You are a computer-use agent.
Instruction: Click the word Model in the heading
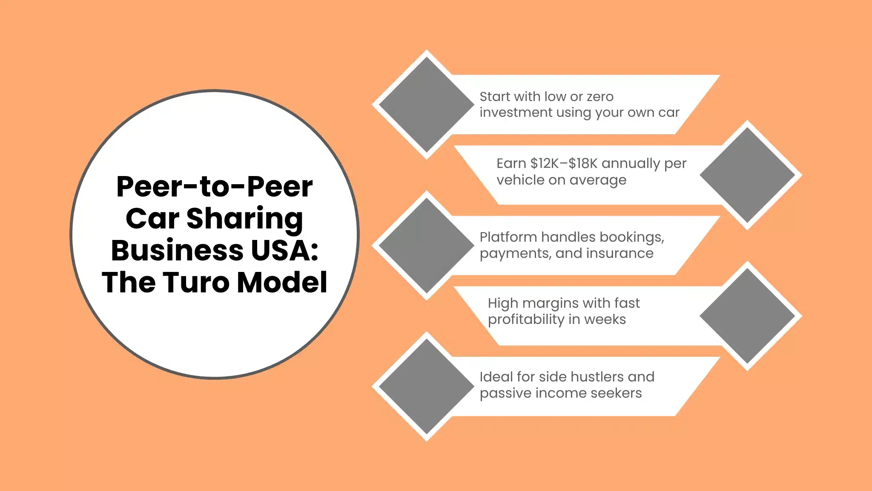[282, 282]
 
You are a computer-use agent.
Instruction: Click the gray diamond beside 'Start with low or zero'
[426, 104]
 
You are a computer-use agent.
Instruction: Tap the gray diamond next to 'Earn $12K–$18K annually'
[747, 175]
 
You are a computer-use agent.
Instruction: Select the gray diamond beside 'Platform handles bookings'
[426, 245]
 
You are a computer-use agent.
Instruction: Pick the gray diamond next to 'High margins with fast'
[747, 316]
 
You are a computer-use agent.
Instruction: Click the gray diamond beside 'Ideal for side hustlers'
[426, 386]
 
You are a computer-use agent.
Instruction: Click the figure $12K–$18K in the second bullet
[564, 163]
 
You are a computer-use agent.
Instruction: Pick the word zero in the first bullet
[600, 97]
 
